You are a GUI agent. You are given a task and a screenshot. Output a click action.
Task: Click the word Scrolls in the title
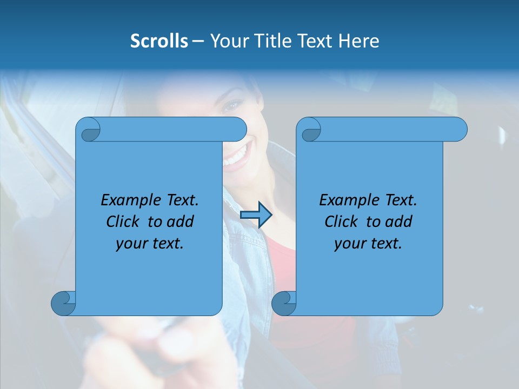pos(159,41)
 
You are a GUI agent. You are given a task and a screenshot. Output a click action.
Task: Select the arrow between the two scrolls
pos(256,215)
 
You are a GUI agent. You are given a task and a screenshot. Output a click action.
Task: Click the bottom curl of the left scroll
pos(63,303)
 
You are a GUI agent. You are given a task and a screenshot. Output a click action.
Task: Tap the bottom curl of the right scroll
pos(284,303)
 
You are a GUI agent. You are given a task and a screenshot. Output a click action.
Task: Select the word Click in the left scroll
pos(123,222)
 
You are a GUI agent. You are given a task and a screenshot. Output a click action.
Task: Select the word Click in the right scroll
pos(342,222)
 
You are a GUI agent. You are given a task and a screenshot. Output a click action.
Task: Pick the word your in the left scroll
pos(131,244)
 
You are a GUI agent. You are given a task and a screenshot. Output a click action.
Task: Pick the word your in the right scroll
pos(350,244)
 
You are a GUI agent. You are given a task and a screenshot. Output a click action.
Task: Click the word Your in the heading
pos(227,41)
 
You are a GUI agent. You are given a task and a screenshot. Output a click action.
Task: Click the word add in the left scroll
pos(181,222)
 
